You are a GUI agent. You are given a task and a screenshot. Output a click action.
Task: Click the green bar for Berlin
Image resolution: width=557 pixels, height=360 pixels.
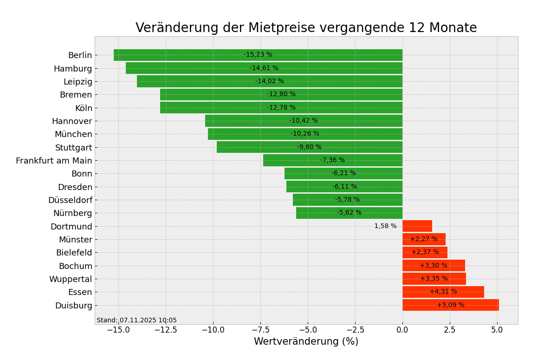[x=186, y=55]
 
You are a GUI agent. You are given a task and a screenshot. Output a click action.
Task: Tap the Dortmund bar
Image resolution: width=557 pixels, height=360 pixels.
[x=417, y=226]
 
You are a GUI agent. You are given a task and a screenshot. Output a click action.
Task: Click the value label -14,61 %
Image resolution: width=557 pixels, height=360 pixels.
[x=264, y=68]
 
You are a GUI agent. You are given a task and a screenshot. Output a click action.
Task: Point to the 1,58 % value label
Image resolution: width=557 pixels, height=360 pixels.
[x=385, y=226]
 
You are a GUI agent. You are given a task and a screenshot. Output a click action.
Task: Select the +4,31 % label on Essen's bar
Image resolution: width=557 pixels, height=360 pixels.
[x=443, y=292]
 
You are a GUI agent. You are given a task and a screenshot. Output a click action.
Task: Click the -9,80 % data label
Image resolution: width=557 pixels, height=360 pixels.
[x=309, y=147]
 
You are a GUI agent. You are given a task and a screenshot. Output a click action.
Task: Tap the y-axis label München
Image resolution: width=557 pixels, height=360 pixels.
[x=73, y=134]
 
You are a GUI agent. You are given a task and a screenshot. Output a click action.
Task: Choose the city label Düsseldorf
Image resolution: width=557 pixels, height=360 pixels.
[x=70, y=200]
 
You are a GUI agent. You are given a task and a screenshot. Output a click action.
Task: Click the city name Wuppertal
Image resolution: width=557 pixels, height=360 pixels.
[x=71, y=279]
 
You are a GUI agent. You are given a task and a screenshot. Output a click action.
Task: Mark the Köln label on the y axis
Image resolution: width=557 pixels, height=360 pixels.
[x=84, y=108]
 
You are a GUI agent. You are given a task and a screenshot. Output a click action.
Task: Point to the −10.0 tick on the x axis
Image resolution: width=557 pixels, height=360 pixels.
[x=213, y=330]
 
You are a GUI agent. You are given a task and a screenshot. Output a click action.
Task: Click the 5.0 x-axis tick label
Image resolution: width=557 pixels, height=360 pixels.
[x=497, y=330]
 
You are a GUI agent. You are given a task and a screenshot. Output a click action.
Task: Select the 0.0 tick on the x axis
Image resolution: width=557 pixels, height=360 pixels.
[x=402, y=330]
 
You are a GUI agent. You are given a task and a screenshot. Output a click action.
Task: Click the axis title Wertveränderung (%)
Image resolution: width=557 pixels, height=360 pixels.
[x=306, y=342]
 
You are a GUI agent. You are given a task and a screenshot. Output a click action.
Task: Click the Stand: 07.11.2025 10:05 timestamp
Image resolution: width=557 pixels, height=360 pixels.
[x=136, y=321]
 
